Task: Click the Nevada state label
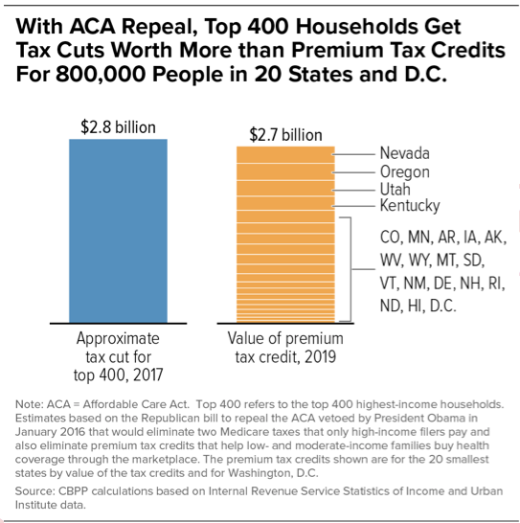tap(404, 153)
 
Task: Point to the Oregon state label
tap(404, 171)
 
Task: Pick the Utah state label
tap(395, 189)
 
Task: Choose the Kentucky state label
tap(410, 206)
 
